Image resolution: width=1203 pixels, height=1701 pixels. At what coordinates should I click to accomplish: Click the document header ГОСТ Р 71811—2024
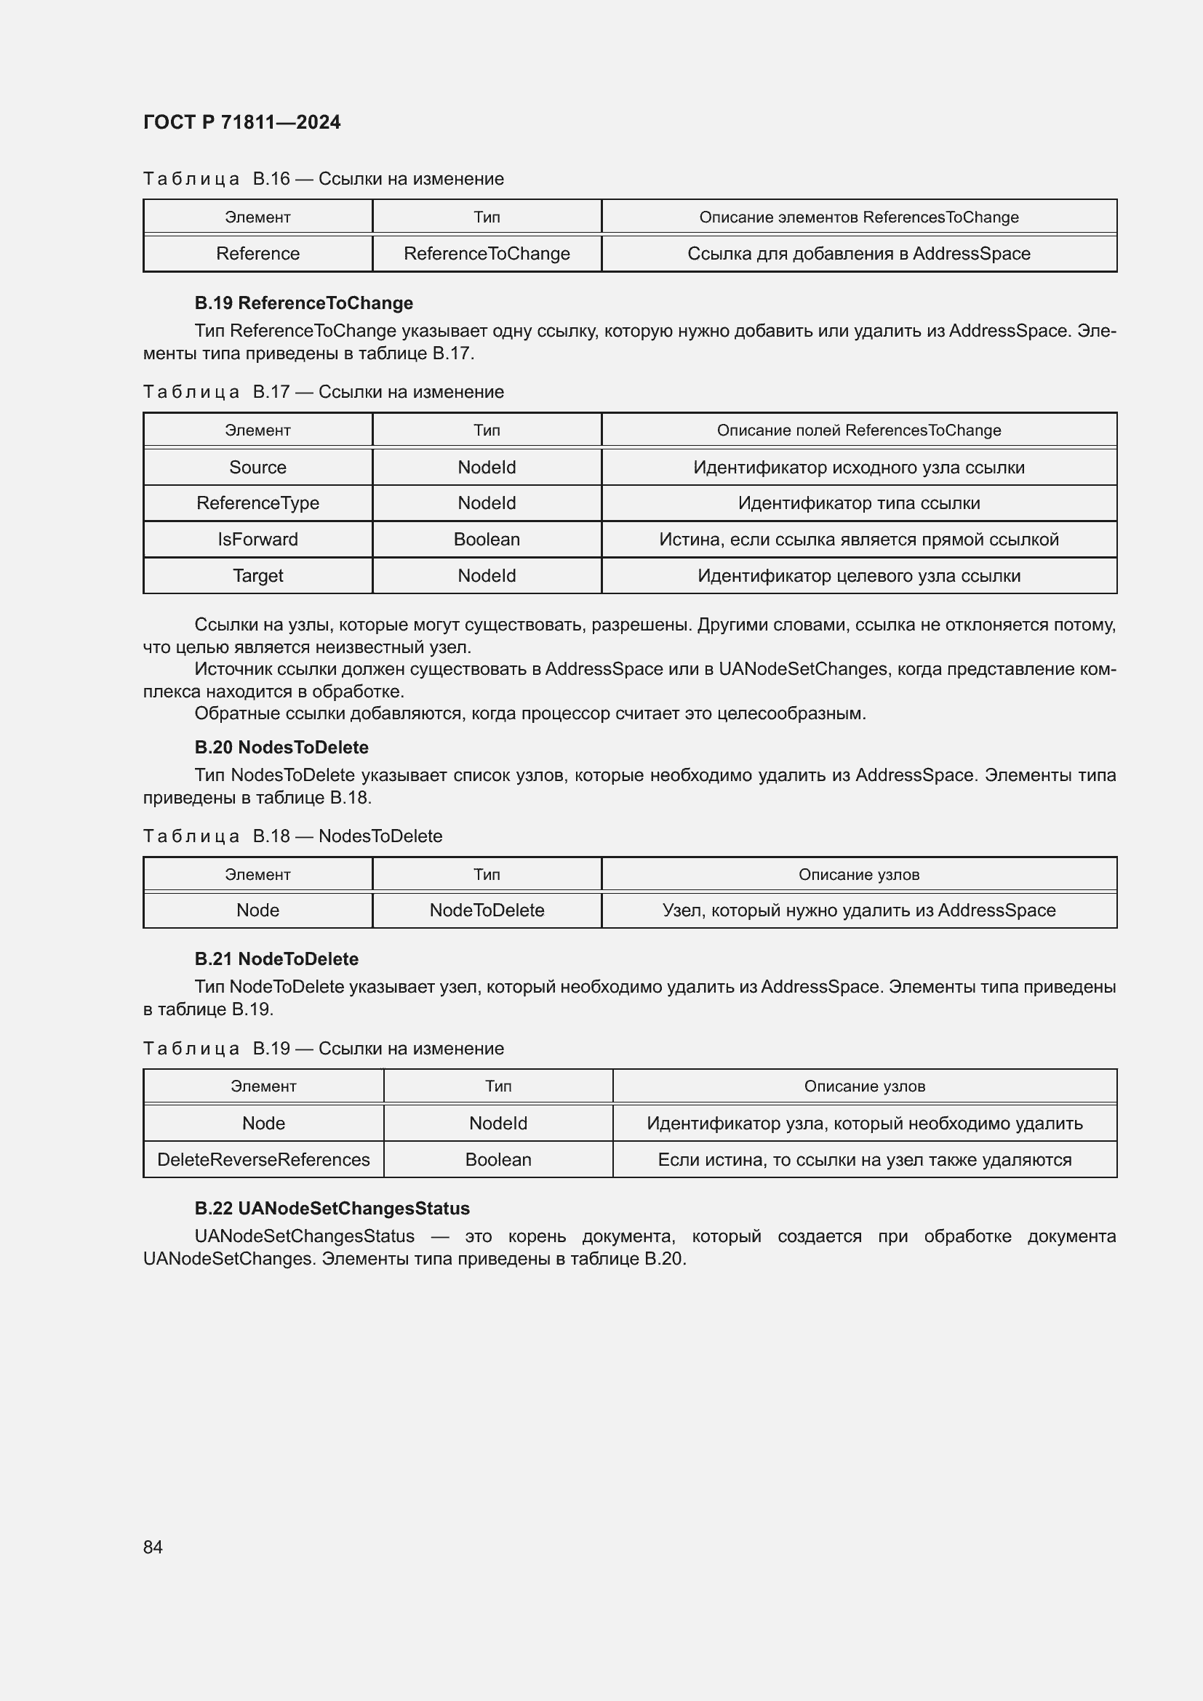(x=241, y=122)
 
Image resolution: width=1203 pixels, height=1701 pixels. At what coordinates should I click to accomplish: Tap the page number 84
(x=153, y=1547)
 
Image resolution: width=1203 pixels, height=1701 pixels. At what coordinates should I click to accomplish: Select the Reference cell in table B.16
(x=257, y=253)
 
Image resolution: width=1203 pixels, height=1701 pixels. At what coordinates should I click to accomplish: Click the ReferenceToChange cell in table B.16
(x=487, y=253)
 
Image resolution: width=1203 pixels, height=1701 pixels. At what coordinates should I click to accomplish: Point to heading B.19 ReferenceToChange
(x=304, y=303)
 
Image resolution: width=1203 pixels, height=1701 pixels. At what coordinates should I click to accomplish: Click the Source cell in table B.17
(x=257, y=468)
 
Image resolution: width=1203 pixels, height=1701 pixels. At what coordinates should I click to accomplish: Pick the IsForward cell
(x=257, y=540)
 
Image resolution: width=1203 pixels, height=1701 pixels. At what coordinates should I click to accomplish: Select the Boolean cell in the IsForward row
(x=487, y=540)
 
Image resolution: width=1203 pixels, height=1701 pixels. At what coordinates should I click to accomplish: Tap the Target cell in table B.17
(x=257, y=576)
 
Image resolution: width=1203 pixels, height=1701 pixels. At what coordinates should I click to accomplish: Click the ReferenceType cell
(x=257, y=503)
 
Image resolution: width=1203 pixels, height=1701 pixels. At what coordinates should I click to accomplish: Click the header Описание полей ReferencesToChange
(x=858, y=431)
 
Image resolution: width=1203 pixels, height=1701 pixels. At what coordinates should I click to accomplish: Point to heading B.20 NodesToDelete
(x=281, y=748)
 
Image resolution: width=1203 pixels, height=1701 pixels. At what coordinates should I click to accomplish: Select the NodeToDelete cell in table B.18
(x=487, y=910)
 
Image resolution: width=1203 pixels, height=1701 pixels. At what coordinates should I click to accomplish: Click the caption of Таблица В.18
(x=292, y=836)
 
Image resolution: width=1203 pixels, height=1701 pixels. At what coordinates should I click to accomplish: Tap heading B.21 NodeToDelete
(x=276, y=959)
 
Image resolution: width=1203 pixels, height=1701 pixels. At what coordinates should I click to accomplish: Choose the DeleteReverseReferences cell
(x=264, y=1159)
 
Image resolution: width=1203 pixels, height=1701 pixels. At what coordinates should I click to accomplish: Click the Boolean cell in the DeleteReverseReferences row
(x=497, y=1159)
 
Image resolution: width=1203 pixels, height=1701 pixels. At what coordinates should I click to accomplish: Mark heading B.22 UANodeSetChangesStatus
(x=332, y=1209)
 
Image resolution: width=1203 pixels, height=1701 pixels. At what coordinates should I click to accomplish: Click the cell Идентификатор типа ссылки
(x=858, y=503)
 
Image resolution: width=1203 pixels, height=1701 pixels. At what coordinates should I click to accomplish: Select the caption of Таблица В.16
(x=323, y=179)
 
